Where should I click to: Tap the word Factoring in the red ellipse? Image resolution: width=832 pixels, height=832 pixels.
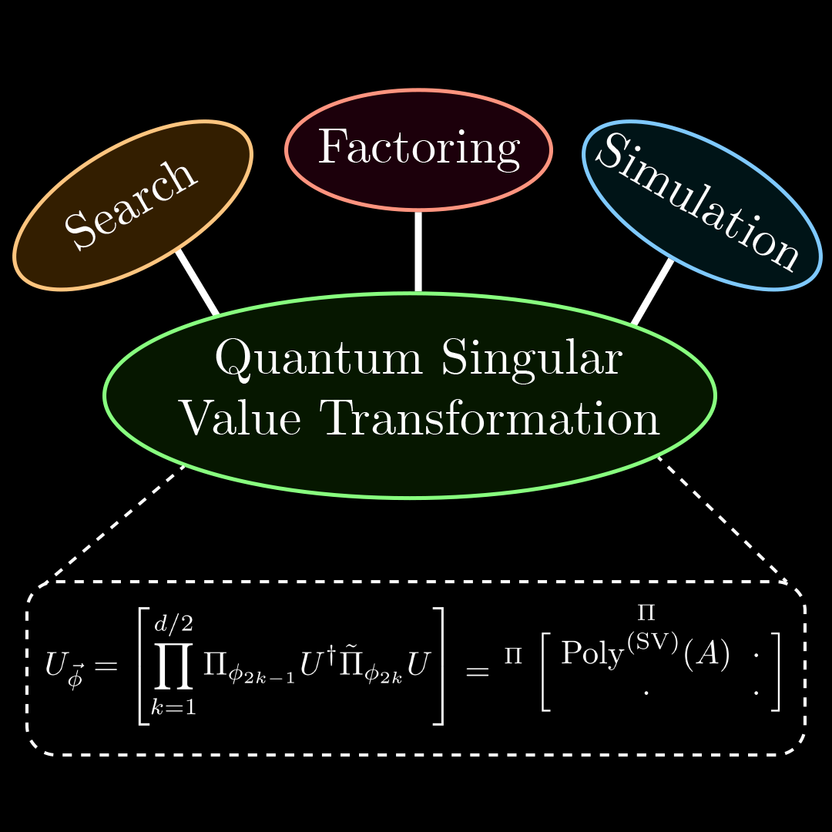[x=418, y=149]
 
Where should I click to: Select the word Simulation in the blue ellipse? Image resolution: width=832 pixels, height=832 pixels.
[x=698, y=201]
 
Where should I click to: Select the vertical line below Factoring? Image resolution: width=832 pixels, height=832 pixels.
[x=418, y=251]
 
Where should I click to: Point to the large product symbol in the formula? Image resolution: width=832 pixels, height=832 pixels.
[x=173, y=665]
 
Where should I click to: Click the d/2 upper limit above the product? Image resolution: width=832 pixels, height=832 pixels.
[x=173, y=622]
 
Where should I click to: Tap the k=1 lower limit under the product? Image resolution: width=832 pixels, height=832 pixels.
[x=173, y=706]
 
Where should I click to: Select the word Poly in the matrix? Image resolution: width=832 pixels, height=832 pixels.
[x=592, y=653]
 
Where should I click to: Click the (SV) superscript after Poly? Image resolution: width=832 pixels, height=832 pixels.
[x=653, y=642]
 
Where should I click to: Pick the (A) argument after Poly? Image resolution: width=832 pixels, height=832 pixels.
[x=706, y=654]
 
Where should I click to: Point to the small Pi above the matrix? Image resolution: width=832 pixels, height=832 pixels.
[x=646, y=613]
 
